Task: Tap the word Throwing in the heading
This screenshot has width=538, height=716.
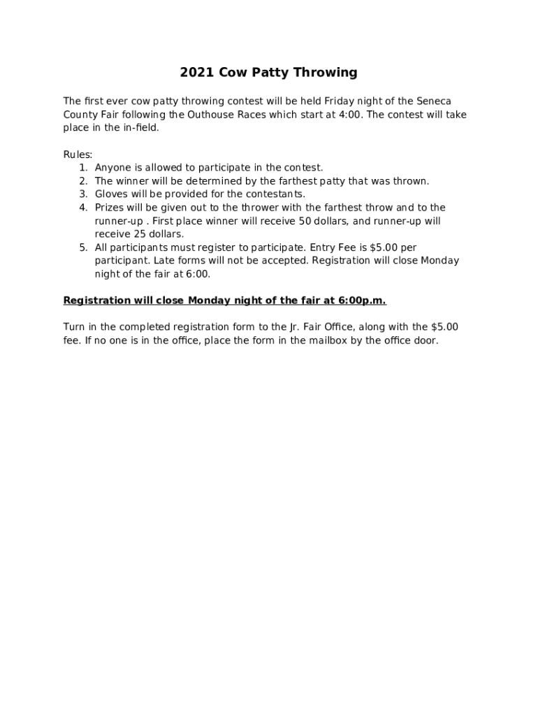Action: tap(325, 73)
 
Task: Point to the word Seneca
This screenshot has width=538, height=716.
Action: tap(434, 101)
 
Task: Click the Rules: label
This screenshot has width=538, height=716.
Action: tap(78, 155)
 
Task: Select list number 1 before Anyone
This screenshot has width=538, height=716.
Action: tap(83, 168)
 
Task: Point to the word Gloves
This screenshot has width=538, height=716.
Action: tap(112, 194)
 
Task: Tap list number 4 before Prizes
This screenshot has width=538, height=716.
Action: tap(83, 208)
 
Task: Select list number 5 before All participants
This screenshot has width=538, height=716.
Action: tap(83, 248)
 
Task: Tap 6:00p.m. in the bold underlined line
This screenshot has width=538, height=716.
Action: tap(362, 301)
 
